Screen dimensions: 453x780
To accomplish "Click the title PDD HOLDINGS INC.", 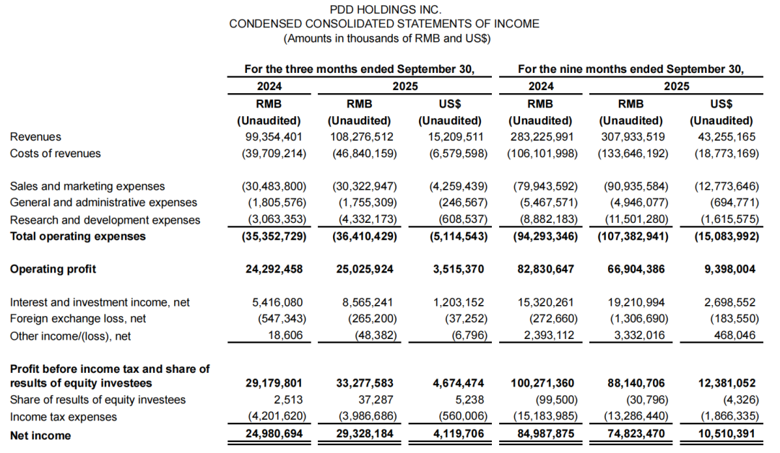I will point(384,9).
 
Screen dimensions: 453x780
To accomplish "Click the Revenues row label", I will point(35,136).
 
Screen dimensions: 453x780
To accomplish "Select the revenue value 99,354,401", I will point(273,136).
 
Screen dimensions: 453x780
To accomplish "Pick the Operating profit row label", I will point(53,269).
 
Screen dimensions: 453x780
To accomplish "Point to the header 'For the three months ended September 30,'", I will point(359,69).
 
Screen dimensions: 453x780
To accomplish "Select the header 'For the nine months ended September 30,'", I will point(630,69).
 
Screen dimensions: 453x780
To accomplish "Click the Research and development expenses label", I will point(105,220).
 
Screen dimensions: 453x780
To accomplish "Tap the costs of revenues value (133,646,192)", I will point(632,153).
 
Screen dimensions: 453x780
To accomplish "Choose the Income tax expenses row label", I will point(63,417).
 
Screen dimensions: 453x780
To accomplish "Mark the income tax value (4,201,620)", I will point(273,417).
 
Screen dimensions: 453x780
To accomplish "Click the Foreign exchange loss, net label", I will point(78,319).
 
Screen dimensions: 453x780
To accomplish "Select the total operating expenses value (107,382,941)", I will point(632,236).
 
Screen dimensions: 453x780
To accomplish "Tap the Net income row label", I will point(40,436).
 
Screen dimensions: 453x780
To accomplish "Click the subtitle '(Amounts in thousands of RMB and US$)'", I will point(384,38).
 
